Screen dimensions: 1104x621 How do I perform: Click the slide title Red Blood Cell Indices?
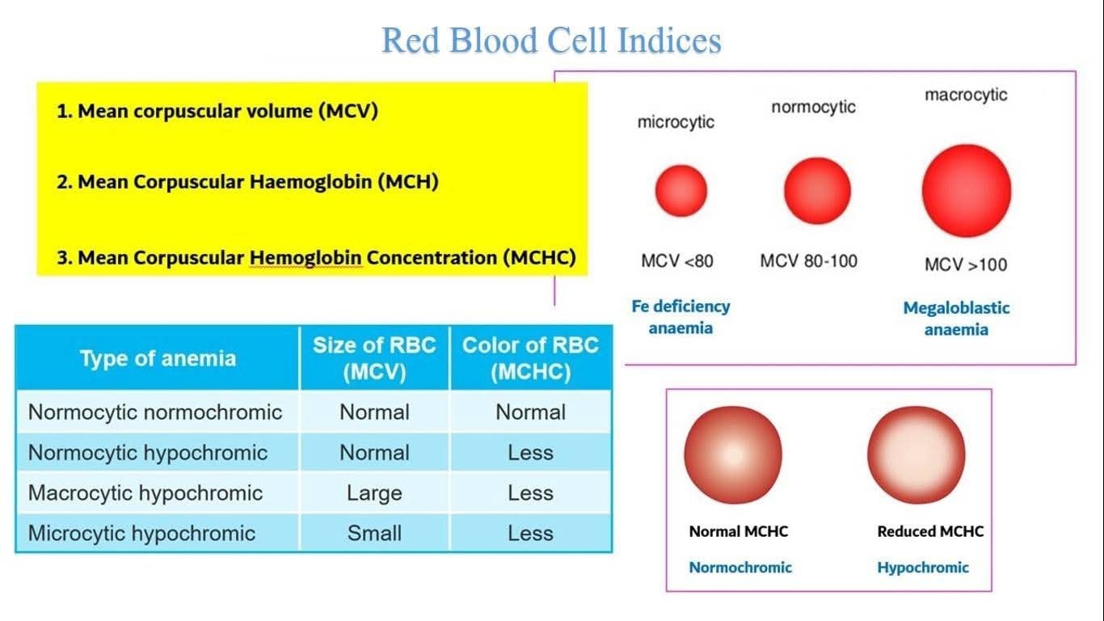click(x=551, y=40)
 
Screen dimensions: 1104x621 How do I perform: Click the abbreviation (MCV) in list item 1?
click(x=348, y=111)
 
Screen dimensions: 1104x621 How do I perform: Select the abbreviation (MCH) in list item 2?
click(x=408, y=182)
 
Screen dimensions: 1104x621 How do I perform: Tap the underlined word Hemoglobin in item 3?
click(x=305, y=258)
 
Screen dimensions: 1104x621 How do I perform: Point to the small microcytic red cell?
click(x=681, y=191)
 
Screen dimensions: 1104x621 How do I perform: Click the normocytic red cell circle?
click(x=817, y=191)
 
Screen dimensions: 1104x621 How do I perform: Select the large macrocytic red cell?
click(x=967, y=191)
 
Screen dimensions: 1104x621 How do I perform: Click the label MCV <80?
click(x=677, y=261)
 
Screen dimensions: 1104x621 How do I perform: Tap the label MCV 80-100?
click(x=809, y=261)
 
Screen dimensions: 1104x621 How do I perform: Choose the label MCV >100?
click(x=966, y=265)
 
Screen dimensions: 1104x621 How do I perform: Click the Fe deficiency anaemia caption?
click(x=681, y=317)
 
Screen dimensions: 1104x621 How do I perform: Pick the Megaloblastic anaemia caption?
click(x=956, y=319)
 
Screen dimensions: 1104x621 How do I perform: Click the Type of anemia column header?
click(x=158, y=358)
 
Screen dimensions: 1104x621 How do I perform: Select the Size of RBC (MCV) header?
click(x=374, y=358)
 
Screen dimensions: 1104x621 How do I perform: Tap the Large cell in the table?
click(x=374, y=492)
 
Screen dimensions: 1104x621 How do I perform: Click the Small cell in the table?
click(x=374, y=533)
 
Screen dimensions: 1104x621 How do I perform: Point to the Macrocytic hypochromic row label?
click(x=145, y=492)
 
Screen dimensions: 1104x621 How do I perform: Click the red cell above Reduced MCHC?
click(x=916, y=454)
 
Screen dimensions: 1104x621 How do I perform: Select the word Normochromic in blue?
click(x=740, y=568)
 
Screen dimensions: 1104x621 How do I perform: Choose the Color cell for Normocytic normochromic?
click(x=530, y=412)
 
